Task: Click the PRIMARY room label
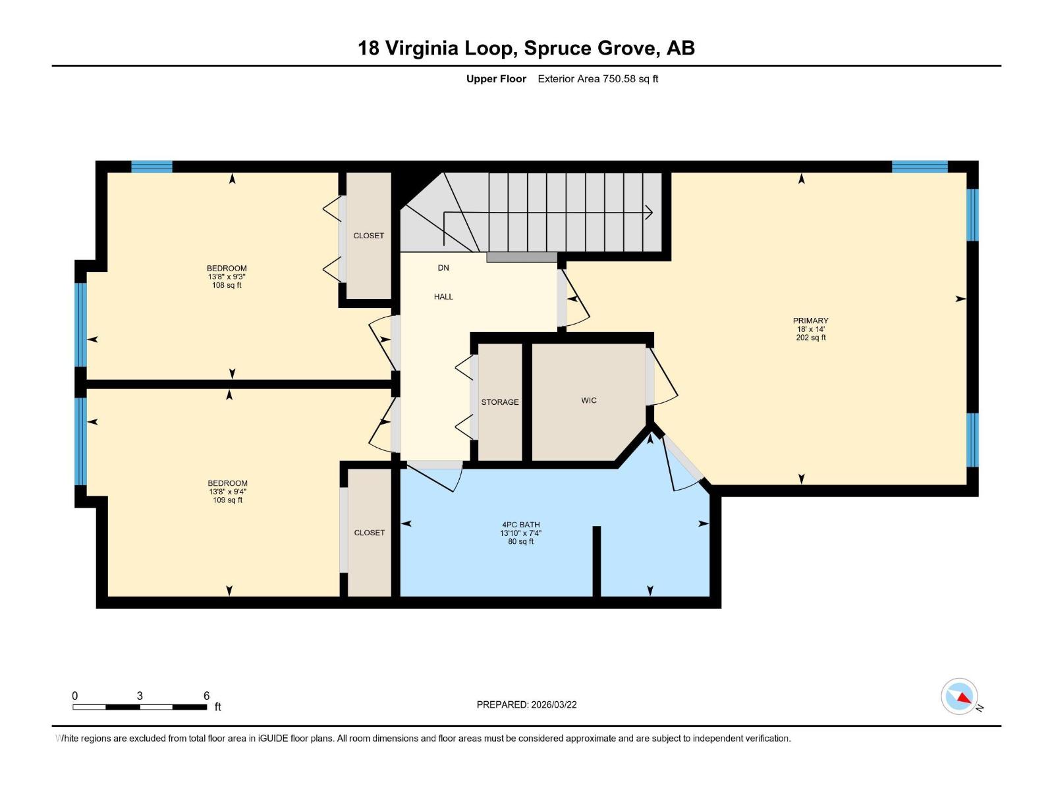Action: pyautogui.click(x=810, y=321)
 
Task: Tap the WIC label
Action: pyautogui.click(x=588, y=400)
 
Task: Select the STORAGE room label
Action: pyautogui.click(x=499, y=402)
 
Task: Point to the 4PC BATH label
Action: pyautogui.click(x=520, y=525)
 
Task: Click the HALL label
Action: pyautogui.click(x=443, y=297)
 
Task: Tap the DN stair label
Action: pyautogui.click(x=443, y=268)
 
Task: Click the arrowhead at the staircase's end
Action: pyautogui.click(x=650, y=212)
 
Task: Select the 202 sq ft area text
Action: pyautogui.click(x=810, y=338)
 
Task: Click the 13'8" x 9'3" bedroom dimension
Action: pyautogui.click(x=226, y=276)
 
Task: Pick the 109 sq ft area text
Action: pyautogui.click(x=227, y=500)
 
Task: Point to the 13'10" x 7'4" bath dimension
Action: pyautogui.click(x=520, y=533)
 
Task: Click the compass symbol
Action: pyautogui.click(x=958, y=696)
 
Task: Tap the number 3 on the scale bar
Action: pyautogui.click(x=139, y=695)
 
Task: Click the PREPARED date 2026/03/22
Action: pyautogui.click(x=553, y=704)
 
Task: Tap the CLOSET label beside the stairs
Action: pyautogui.click(x=368, y=236)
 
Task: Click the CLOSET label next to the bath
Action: pyautogui.click(x=369, y=533)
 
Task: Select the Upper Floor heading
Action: pyautogui.click(x=496, y=79)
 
